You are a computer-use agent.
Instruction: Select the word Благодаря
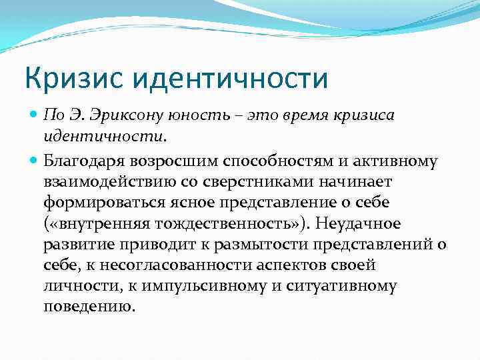[87, 160]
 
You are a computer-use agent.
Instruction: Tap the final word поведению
[89, 307]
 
